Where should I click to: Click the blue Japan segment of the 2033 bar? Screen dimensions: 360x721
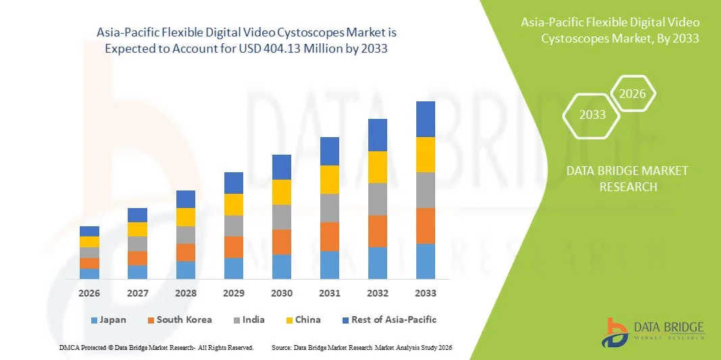[425, 261]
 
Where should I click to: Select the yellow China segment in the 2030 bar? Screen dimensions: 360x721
[282, 192]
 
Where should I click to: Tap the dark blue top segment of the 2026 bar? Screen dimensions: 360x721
[89, 231]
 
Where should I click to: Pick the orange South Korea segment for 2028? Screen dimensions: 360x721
[186, 253]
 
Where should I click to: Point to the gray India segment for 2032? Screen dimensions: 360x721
[377, 199]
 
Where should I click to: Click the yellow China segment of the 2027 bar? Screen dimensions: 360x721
[137, 229]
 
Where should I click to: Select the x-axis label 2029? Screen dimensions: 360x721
[234, 293]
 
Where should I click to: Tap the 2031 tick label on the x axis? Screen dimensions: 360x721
[329, 293]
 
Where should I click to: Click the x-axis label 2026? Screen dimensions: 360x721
[89, 293]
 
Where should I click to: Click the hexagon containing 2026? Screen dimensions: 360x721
[633, 94]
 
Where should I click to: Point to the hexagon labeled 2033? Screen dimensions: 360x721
[593, 115]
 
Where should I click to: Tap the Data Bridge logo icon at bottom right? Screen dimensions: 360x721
[618, 332]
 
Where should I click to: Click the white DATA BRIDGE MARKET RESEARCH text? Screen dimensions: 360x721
[628, 178]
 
